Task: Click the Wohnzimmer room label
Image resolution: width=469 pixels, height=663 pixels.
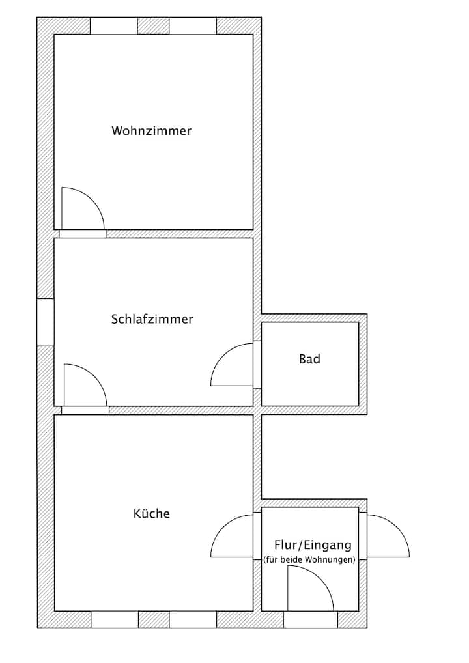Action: [151, 131]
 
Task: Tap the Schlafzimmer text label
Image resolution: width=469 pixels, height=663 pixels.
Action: [152, 320]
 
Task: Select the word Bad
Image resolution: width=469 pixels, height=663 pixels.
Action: [309, 359]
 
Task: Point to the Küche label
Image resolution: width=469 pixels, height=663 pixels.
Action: [151, 514]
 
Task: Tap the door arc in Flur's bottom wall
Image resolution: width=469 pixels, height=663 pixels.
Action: [309, 589]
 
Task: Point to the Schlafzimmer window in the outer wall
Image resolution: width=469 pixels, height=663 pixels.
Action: [45, 322]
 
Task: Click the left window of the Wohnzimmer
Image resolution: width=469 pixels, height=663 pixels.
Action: [114, 25]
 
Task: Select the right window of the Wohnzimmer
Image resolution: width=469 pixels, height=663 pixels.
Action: [193, 25]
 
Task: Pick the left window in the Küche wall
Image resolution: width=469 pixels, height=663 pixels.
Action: [115, 619]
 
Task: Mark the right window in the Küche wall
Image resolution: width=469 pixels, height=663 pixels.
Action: [193, 619]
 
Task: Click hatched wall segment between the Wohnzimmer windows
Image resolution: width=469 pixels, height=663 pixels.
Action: [154, 25]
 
